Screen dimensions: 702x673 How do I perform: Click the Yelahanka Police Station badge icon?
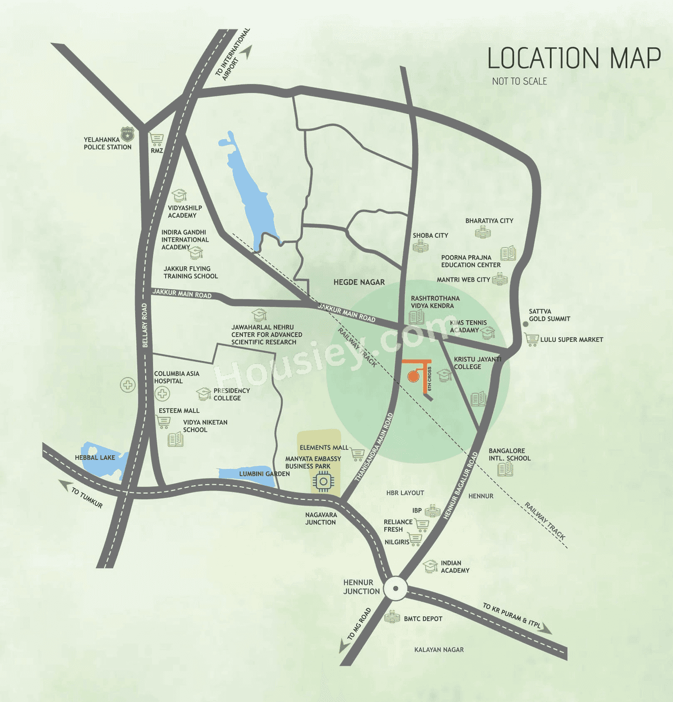coord(127,134)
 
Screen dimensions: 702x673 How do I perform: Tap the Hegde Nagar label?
coord(359,282)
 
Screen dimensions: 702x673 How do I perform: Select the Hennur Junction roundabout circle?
coord(395,589)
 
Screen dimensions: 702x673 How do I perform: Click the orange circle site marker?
coord(413,375)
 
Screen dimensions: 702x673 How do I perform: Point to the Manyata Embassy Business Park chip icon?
coord(323,481)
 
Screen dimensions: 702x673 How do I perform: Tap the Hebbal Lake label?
coord(95,457)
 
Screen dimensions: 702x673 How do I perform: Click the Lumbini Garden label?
coord(264,474)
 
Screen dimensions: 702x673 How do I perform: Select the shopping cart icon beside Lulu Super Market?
coord(532,340)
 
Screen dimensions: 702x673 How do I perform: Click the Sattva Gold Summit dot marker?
coord(525,324)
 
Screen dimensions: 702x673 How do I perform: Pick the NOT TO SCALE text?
coord(519,81)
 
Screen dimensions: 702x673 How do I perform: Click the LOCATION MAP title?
coord(574,58)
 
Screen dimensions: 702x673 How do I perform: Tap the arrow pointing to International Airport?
coord(247,51)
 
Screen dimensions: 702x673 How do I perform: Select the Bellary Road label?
coord(145,325)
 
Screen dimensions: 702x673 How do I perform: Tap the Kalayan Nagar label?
coord(439,649)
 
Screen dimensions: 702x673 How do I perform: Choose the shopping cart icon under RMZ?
coord(156,139)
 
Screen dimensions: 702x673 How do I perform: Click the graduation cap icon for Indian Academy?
coord(431,566)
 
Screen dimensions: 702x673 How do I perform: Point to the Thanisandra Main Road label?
coord(374,447)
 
